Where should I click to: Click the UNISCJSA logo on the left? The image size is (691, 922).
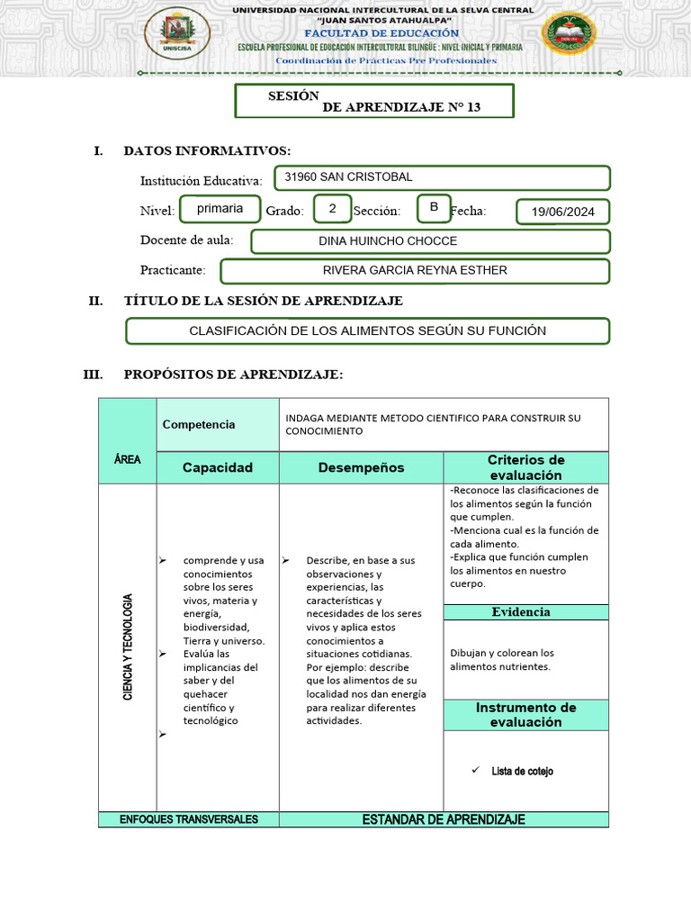coord(178,33)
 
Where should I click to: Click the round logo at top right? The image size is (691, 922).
coord(569,34)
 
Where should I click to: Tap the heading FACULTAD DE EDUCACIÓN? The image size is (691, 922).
coord(381,32)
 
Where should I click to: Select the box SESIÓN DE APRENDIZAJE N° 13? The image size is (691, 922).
coord(374,101)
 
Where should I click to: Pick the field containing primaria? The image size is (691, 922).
coord(220,208)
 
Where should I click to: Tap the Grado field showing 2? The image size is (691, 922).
coord(332,209)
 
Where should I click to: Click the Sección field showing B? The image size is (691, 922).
coord(434,208)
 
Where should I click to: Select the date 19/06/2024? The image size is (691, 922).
coord(563,212)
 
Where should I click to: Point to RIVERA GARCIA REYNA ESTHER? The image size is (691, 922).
coord(415,270)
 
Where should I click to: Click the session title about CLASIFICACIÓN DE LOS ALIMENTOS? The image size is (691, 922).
coord(367,330)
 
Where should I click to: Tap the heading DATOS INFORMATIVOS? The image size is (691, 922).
coord(207,150)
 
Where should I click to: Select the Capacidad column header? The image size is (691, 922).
coord(218,467)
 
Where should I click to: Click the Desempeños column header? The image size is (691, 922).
coord(361,467)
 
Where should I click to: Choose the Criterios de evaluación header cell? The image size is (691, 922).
coord(525,467)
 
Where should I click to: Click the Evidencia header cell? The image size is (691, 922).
coord(521,612)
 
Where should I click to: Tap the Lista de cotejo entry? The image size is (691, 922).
coord(522,771)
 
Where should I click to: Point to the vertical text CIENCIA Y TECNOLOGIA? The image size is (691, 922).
coord(128,648)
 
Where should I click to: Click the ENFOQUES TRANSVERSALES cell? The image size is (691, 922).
coord(189,819)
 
